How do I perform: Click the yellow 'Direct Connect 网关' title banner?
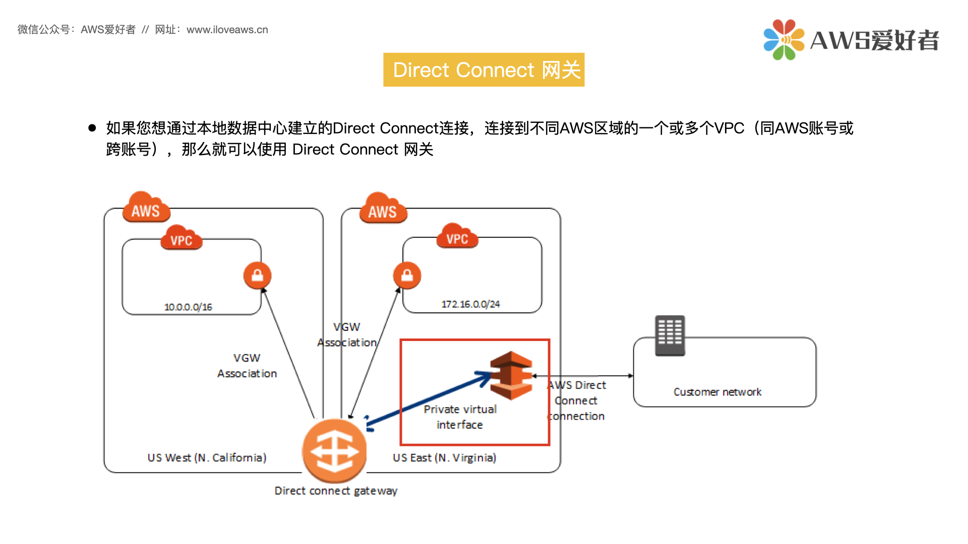483,70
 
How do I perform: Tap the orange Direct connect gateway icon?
334,450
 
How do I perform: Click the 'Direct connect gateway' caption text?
336,491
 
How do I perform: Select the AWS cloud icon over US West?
146,208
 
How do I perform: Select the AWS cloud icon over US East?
383,209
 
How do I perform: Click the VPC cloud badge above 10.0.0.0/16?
181,238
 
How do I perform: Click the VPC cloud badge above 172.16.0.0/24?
457,237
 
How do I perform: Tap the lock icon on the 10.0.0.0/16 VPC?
257,276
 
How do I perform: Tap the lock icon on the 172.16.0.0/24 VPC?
407,276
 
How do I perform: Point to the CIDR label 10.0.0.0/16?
188,307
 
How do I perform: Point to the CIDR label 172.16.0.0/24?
470,304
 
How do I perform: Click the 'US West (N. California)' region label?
207,457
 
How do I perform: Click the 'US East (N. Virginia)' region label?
444,457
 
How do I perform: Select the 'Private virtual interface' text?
460,417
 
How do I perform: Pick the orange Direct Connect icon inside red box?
511,375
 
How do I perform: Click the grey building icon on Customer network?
670,335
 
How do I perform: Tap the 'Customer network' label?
717,392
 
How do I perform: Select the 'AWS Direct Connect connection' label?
576,400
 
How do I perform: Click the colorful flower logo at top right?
783,40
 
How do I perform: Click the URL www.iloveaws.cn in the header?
227,30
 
